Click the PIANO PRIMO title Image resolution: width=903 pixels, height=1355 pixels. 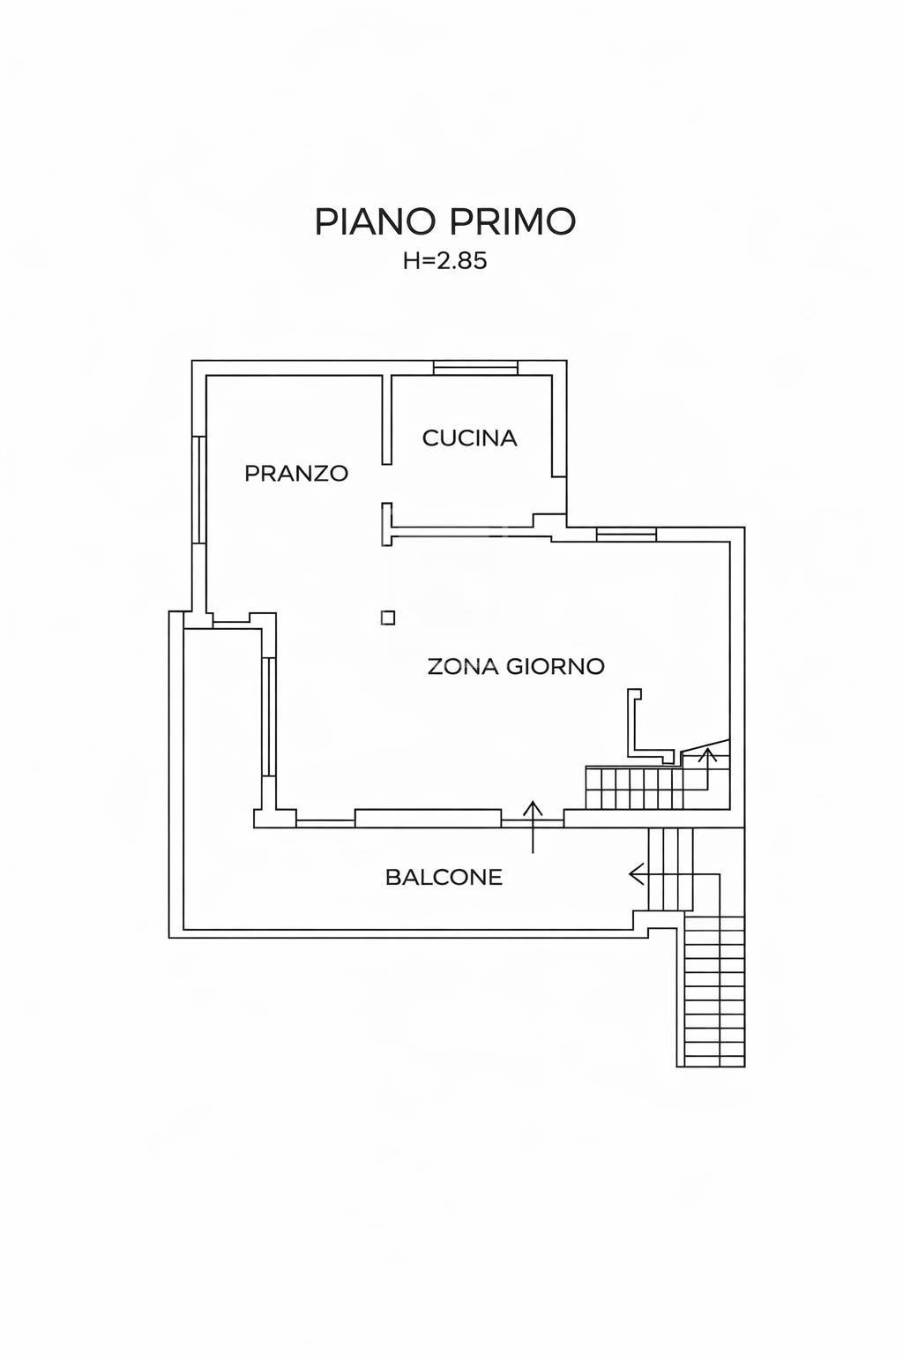coord(445,221)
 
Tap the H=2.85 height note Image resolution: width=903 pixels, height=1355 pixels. coord(445,261)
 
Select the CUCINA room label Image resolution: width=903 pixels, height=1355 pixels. coord(469,438)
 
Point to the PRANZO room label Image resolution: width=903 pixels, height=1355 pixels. coord(296,473)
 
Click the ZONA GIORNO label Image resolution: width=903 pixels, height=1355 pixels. coord(516,667)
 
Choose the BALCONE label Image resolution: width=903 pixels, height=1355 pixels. coord(444,877)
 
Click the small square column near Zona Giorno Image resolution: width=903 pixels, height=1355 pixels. coord(388,618)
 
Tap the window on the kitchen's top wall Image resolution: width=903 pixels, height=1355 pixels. coord(476,368)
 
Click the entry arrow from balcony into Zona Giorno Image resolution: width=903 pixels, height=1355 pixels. coord(533,827)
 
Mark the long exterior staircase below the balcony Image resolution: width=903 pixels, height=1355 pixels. coord(711,998)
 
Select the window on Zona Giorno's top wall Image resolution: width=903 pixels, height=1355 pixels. coord(627,534)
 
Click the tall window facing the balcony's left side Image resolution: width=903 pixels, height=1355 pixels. coord(269,717)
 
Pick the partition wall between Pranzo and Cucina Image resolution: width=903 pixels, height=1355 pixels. coord(387,420)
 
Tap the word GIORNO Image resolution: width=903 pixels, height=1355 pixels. coord(556,667)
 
